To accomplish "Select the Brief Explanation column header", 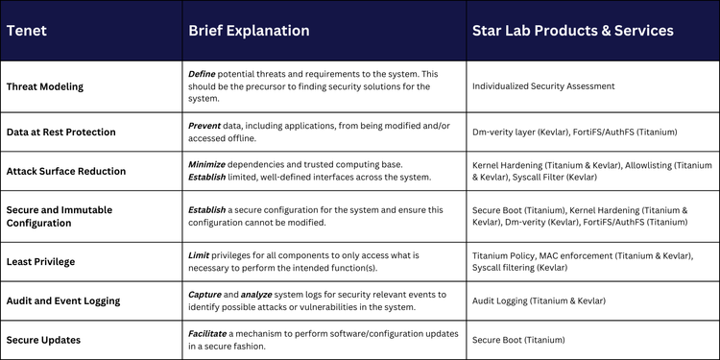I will [249, 31].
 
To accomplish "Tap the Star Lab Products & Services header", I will [572, 31].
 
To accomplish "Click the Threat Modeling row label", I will [45, 86].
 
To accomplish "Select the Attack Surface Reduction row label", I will [65, 172].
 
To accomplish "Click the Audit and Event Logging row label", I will [63, 300].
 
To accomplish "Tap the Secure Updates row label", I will [44, 340].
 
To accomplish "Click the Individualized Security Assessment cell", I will [543, 86].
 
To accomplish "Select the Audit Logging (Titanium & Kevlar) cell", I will [539, 300].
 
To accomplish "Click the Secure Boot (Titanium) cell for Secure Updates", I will [518, 340].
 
